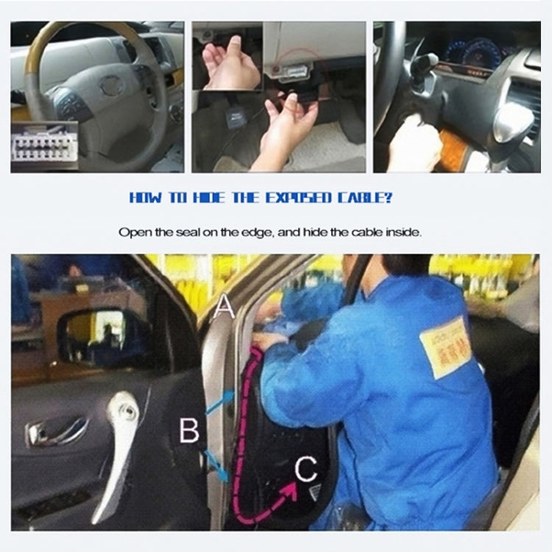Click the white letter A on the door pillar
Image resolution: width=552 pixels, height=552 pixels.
point(225,304)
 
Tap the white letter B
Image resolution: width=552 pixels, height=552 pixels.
point(189,430)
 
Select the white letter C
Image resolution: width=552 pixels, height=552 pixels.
point(306,468)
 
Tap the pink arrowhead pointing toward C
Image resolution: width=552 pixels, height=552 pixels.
point(291,486)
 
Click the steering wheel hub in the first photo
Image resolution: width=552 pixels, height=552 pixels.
point(110,87)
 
